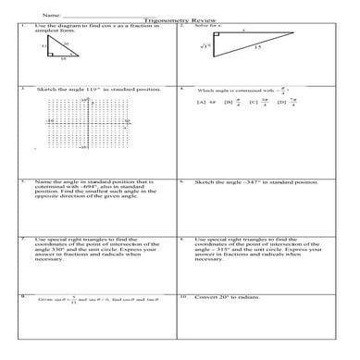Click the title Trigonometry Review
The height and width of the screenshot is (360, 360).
pos(179,19)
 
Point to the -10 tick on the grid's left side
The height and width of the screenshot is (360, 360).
pos(49,121)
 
